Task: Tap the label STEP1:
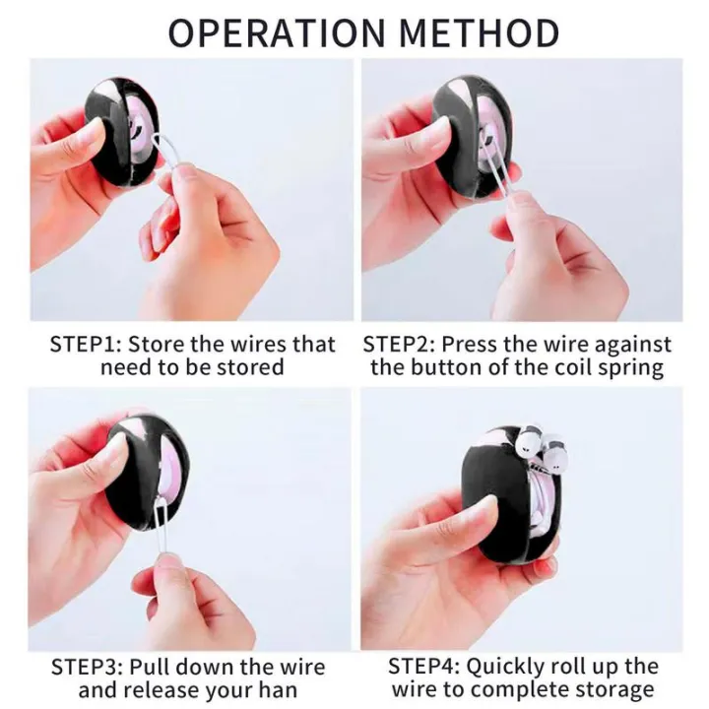tap(86, 345)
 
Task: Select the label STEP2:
tap(399, 345)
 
